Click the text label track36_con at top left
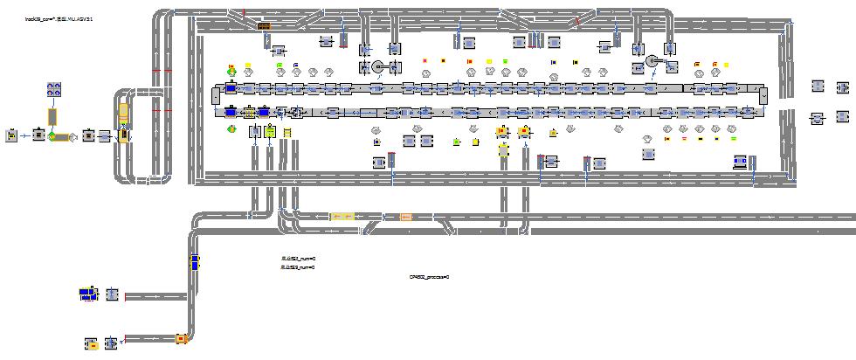click(x=59, y=18)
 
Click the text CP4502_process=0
click(x=428, y=276)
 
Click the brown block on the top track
click(x=264, y=27)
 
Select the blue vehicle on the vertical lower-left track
click(x=195, y=261)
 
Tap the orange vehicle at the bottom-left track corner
click(x=181, y=338)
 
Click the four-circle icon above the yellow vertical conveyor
click(x=52, y=88)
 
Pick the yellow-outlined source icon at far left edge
click(x=11, y=135)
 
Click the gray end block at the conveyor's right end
click(x=763, y=95)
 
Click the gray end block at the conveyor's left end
click(x=217, y=95)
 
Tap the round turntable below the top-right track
click(x=652, y=61)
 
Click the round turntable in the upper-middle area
click(x=377, y=66)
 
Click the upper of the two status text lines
click(x=297, y=259)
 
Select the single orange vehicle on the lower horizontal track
click(x=405, y=217)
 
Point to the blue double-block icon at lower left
click(x=86, y=294)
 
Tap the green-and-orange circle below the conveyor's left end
click(x=231, y=128)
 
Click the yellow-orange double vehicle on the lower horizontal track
click(x=342, y=216)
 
